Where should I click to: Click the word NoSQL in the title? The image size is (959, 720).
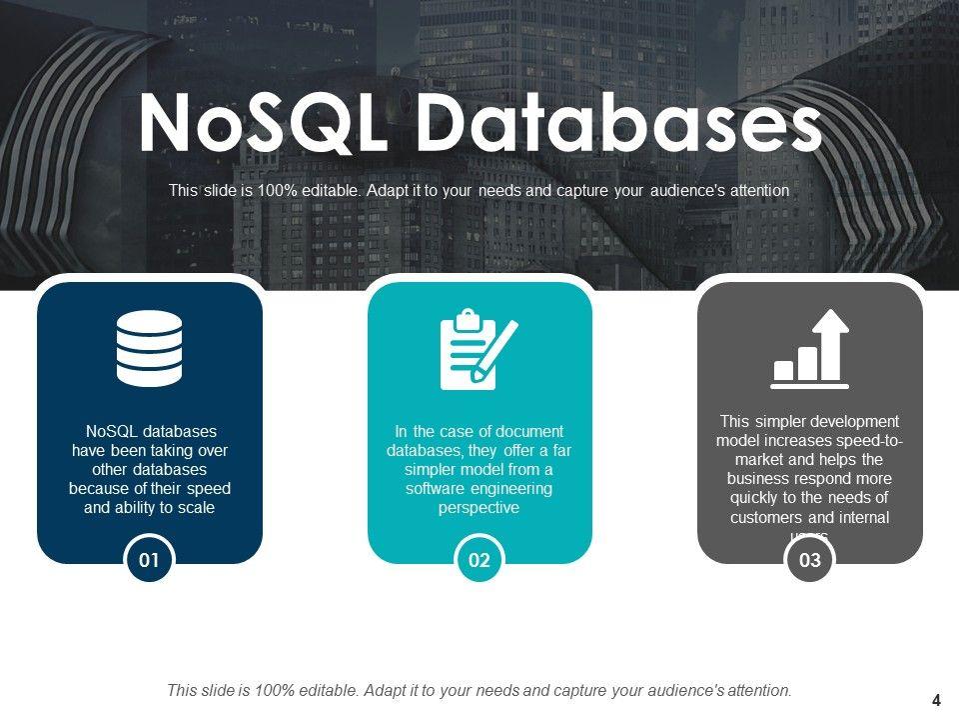point(262,124)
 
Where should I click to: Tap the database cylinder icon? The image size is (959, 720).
point(150,348)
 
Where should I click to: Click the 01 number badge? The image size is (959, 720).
point(150,560)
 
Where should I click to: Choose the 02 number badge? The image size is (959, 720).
point(479,560)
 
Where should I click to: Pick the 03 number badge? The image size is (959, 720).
point(810,560)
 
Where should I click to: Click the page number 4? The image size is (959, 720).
point(936,699)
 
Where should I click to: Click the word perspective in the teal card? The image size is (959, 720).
point(479,508)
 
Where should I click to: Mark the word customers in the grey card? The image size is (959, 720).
point(767,518)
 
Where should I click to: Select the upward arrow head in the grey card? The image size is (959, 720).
point(829,323)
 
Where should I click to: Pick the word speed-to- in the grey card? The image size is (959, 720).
point(866,441)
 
